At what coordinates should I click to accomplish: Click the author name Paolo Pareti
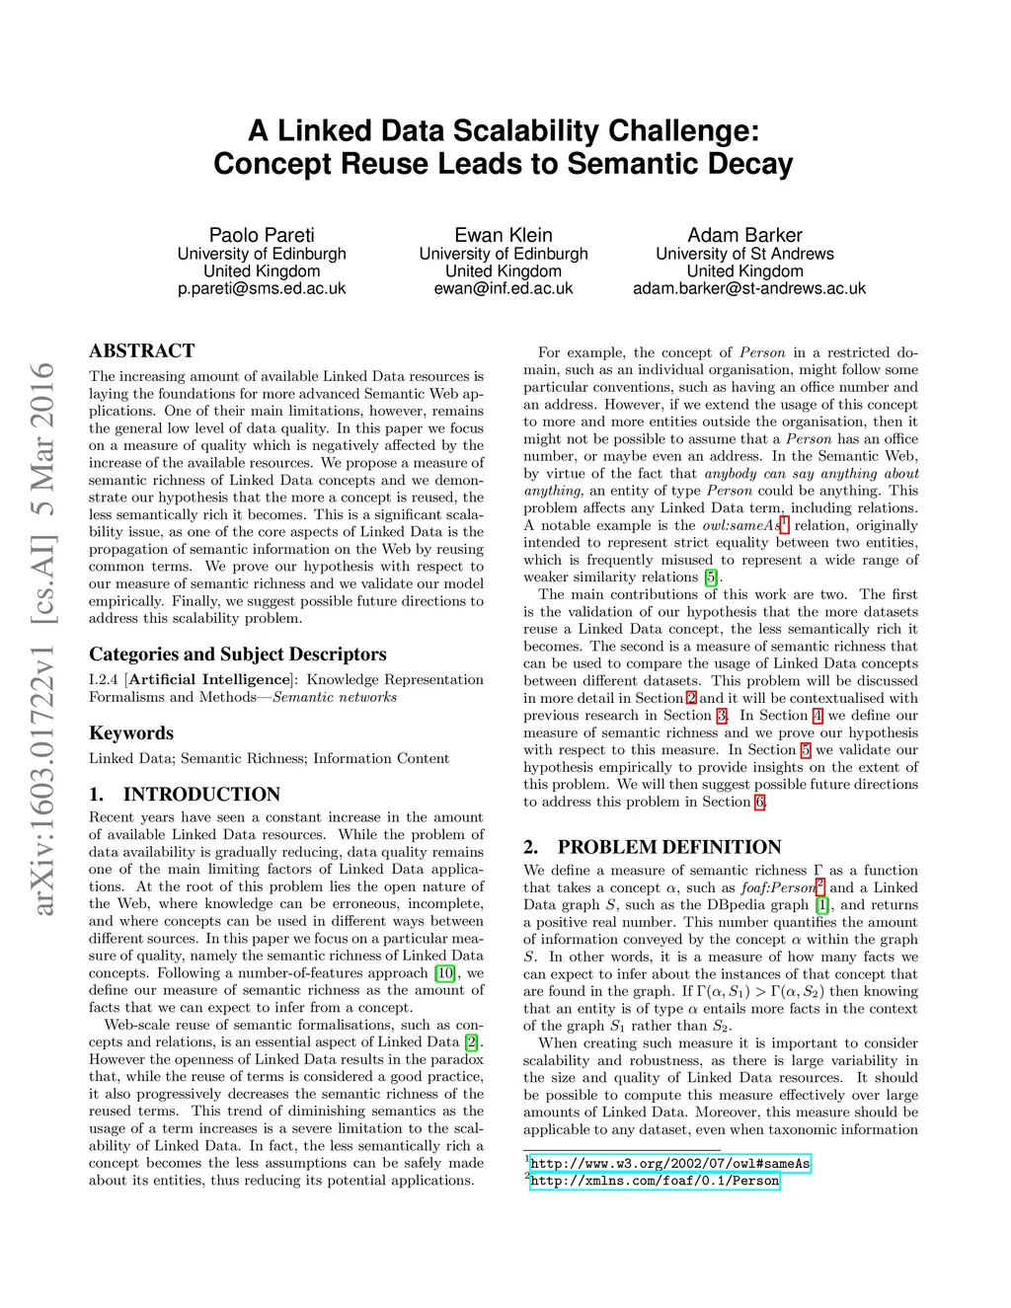coord(262,235)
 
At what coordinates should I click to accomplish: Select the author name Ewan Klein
coord(504,235)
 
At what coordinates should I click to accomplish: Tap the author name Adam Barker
coord(744,235)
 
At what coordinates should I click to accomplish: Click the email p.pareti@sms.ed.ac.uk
coord(262,288)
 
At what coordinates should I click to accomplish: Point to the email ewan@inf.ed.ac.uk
coord(504,288)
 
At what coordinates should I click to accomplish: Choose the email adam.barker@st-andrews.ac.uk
coord(749,288)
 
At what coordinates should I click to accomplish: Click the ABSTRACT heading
coord(142,350)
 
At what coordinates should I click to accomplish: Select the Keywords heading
coord(131,732)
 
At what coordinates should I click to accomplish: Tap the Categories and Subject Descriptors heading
coord(238,654)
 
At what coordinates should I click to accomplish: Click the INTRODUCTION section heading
coord(201,795)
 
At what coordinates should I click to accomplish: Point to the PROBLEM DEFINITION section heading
coord(669,847)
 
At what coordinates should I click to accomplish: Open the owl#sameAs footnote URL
coord(670,1164)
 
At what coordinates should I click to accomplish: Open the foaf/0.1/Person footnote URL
coord(655,1181)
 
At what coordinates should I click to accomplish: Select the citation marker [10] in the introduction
coord(445,973)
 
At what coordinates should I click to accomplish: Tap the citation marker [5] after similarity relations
coord(711,577)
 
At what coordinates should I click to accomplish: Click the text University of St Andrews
coord(744,254)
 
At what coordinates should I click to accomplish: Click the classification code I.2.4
coord(104,680)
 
